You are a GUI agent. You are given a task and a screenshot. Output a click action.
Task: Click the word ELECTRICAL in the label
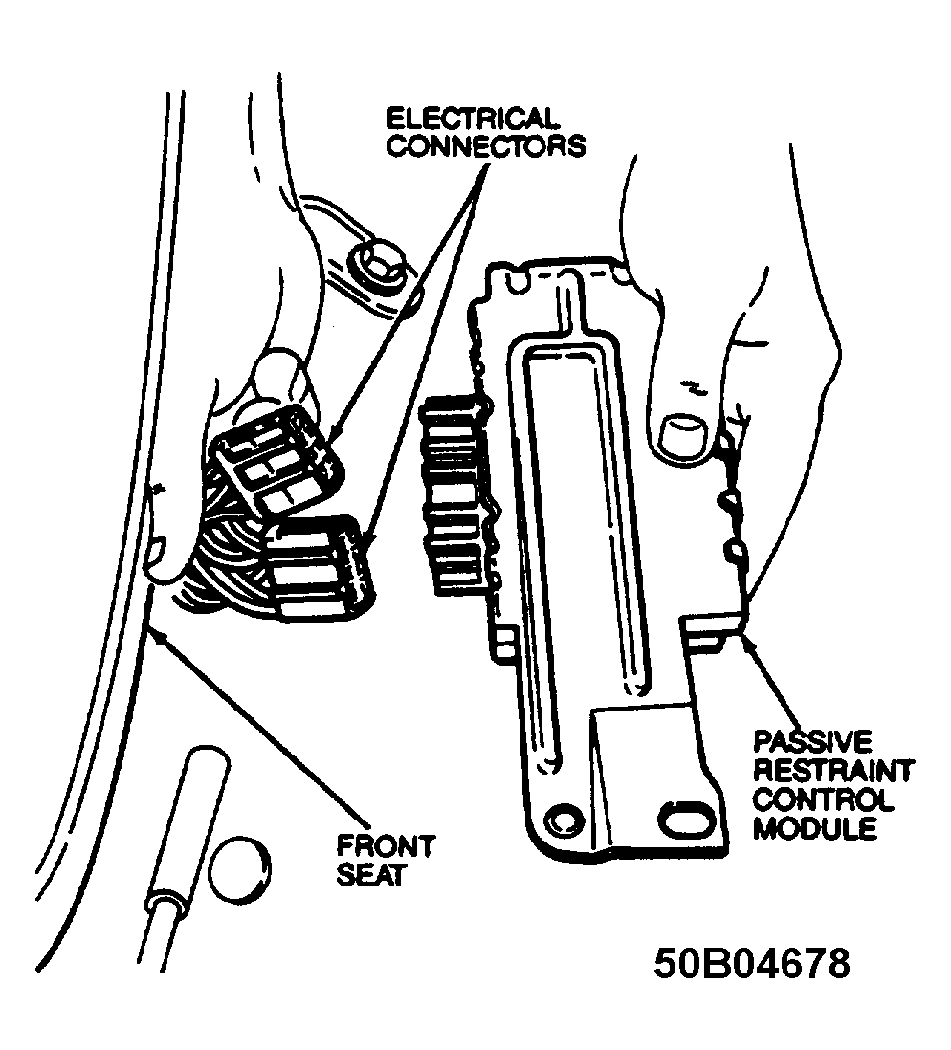[x=473, y=120]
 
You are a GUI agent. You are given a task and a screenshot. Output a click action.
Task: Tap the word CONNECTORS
[x=486, y=146]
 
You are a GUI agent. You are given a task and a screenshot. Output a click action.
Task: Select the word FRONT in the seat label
[x=386, y=846]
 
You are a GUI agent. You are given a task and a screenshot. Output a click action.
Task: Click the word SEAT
[x=370, y=875]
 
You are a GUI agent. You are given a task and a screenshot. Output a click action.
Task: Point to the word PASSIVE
[x=813, y=742]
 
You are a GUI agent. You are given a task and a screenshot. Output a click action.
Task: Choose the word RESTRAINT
[x=833, y=771]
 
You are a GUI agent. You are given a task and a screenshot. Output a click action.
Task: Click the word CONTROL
[x=824, y=799]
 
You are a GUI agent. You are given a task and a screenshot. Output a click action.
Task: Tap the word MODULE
[x=814, y=828]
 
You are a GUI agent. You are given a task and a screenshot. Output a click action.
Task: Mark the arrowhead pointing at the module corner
[x=749, y=643]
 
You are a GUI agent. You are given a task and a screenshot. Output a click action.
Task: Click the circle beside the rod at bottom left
[x=240, y=870]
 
